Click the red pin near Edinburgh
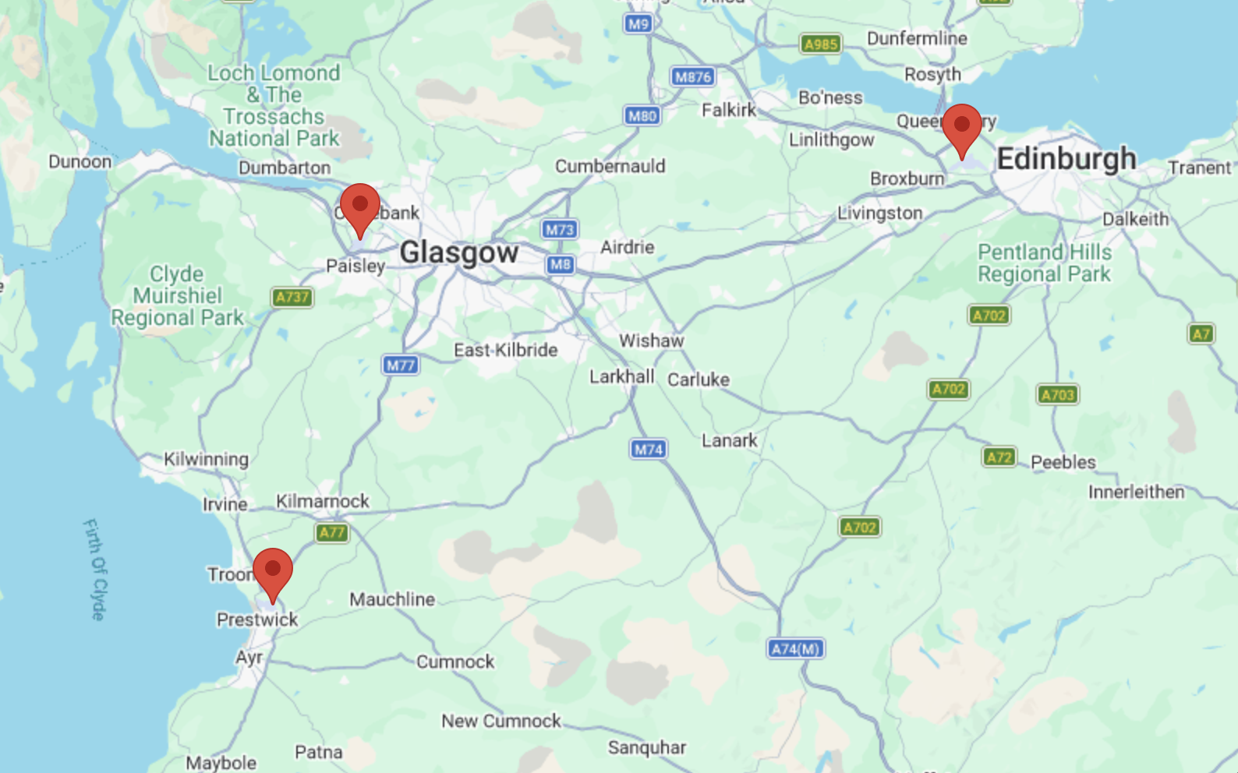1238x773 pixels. [961, 127]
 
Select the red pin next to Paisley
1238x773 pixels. [359, 206]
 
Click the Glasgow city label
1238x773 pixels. [458, 253]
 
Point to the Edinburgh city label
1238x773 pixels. [1066, 159]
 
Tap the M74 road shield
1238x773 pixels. [648, 449]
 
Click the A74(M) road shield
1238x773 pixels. [795, 648]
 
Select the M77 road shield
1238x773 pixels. [400, 365]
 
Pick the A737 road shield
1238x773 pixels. [292, 297]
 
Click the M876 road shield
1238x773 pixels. [692, 76]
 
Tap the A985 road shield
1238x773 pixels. [820, 44]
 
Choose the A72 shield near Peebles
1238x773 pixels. [999, 457]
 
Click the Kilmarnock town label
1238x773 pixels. [322, 501]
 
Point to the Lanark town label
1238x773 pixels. [729, 441]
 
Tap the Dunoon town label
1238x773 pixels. [80, 161]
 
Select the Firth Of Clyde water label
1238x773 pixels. [94, 569]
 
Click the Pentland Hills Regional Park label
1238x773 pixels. [1044, 263]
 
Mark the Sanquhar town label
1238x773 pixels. [646, 747]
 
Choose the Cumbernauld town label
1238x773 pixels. [610, 166]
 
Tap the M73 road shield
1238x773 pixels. [559, 229]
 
